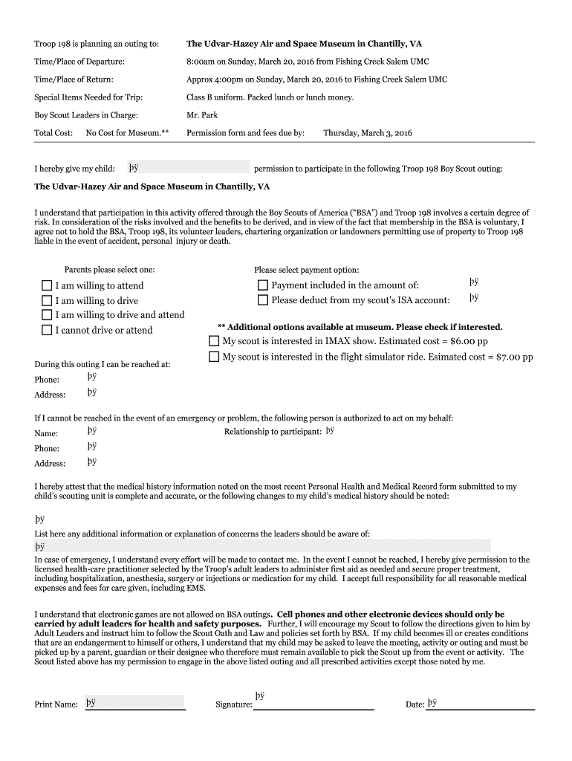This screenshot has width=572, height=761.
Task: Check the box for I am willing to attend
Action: pos(47,286)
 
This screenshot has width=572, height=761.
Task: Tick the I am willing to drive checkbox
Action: pos(47,301)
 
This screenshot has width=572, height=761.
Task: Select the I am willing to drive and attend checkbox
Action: pos(47,315)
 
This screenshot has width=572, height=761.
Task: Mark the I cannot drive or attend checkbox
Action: pos(47,330)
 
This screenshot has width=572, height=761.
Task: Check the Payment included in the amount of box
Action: pos(263,285)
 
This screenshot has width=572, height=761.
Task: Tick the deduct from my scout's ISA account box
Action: pos(263,300)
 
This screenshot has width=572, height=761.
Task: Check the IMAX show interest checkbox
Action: pos(215,341)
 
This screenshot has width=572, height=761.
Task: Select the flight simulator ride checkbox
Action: pos(215,357)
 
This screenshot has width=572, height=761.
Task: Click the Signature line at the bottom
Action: pos(313,703)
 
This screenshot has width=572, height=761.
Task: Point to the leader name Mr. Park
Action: pos(202,115)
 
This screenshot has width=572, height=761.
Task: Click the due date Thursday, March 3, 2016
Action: pos(367,133)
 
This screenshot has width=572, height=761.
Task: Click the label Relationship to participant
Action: pos(273,431)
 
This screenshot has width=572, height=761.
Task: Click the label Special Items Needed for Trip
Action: pos(88,97)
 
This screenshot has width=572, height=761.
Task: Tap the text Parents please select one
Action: pos(109,270)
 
